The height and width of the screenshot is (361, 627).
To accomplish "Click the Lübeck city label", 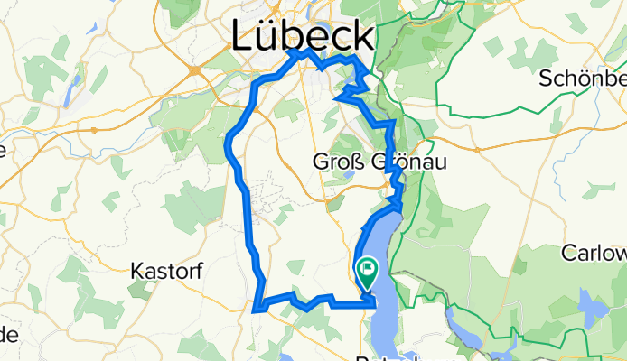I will click(302, 36).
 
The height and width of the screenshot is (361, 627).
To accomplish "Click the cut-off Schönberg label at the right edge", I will click(584, 78).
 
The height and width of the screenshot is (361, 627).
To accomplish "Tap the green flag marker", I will click(368, 269).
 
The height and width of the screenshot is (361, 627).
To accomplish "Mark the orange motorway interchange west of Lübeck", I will click(194, 69).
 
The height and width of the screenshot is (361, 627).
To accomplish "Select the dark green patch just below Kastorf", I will click(141, 288).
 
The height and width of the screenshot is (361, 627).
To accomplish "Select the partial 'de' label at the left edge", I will click(8, 335).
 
